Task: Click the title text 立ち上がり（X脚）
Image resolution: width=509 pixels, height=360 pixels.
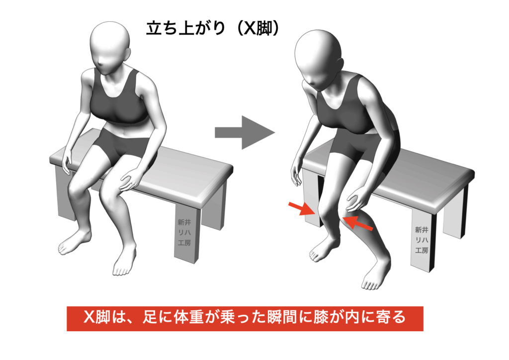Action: (x=212, y=28)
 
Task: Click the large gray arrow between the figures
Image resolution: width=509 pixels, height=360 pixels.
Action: (x=245, y=132)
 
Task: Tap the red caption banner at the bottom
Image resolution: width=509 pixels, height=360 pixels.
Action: (x=245, y=318)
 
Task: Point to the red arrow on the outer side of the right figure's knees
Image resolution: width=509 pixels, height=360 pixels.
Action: (x=302, y=209)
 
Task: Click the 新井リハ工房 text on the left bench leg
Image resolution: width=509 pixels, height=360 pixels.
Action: (x=184, y=232)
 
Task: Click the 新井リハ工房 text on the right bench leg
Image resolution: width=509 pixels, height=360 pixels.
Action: (x=422, y=240)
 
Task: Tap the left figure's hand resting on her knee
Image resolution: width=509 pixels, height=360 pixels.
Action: (x=129, y=180)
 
